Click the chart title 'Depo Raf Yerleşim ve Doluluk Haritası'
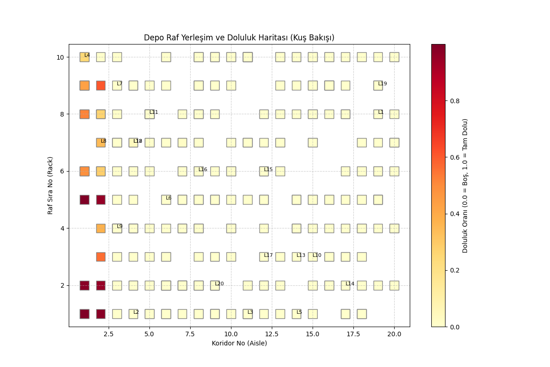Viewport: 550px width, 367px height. pos(239,38)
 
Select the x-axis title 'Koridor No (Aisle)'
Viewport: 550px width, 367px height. pos(239,343)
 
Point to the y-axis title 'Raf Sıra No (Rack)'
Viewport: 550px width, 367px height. pos(50,185)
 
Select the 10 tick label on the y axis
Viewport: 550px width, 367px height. pos(60,57)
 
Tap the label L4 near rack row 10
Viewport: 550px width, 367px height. pos(87,56)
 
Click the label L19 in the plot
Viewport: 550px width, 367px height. pos(382,84)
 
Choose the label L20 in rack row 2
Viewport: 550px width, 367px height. pos(219,284)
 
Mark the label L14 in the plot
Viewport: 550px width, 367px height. pos(350,284)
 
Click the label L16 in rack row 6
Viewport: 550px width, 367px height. pos(203,170)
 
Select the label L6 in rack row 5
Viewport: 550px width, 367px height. pos(168,198)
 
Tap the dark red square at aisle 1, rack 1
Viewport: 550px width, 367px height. pos(84,314)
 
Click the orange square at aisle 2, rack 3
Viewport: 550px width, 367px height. pos(101,257)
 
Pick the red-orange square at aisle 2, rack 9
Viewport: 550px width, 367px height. pos(101,85)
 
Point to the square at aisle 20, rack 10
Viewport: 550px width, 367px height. pos(394,57)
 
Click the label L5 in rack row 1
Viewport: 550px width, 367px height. pos(299,312)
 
